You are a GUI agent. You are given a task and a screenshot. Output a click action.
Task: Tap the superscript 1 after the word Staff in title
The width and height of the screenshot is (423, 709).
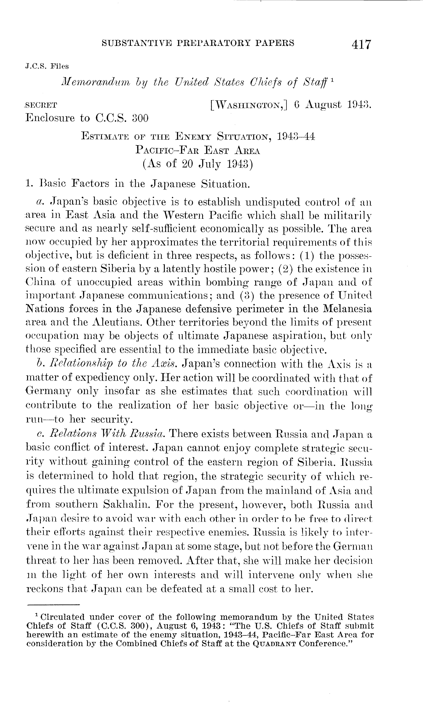click(x=333, y=80)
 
